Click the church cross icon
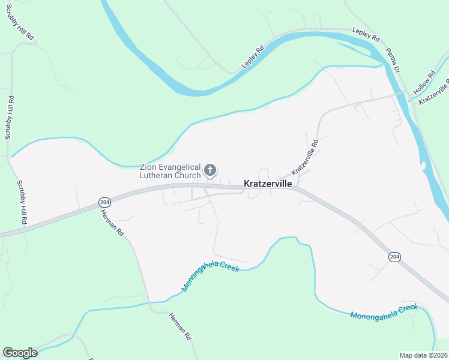pyautogui.click(x=210, y=170)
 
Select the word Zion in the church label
pyautogui.click(x=149, y=167)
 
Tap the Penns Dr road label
pyautogui.click(x=392, y=61)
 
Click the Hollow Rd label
pyautogui.click(x=424, y=82)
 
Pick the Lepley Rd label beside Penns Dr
pyautogui.click(x=366, y=34)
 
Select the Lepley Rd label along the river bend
pyautogui.click(x=253, y=57)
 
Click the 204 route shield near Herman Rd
pyautogui.click(x=104, y=202)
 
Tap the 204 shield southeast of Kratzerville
pyautogui.click(x=394, y=257)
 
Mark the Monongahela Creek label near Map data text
pyautogui.click(x=384, y=311)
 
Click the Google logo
pyautogui.click(x=20, y=353)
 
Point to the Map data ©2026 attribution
pyautogui.click(x=423, y=355)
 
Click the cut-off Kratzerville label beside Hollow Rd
pyautogui.click(x=435, y=93)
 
